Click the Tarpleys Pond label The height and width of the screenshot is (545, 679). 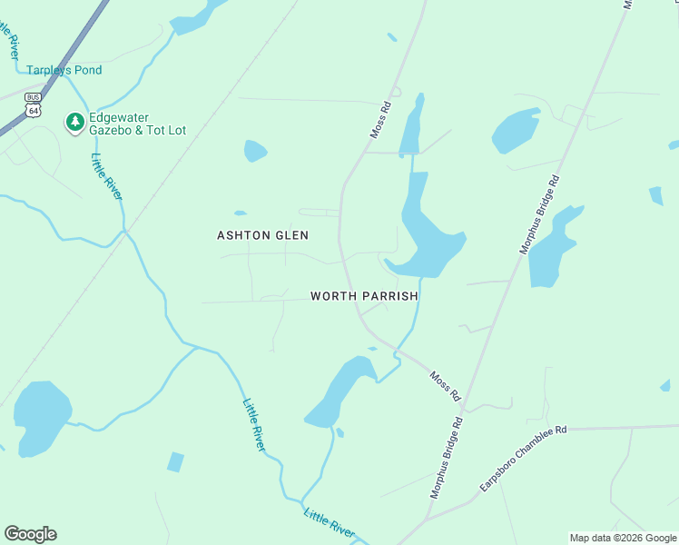coord(64,70)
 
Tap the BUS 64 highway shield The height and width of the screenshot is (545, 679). coord(33,104)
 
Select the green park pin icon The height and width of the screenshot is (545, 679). coord(74,121)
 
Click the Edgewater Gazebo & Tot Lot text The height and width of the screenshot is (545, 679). coord(137,124)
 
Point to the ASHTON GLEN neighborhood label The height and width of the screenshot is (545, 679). coord(262,235)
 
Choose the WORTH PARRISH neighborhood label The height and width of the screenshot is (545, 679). coord(364,296)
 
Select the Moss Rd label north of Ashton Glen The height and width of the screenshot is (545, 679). coord(380,120)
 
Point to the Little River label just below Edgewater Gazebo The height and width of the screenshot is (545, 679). coord(107,176)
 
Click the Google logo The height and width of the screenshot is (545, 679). coord(30,534)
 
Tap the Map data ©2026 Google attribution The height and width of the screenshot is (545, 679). coord(624,538)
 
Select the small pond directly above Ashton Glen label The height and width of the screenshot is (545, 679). coord(255,150)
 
